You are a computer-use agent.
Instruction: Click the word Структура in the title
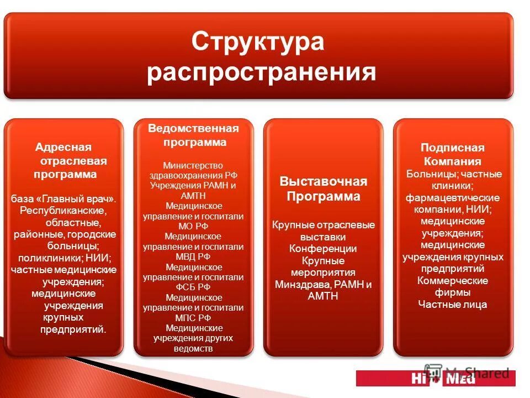coord(258,43)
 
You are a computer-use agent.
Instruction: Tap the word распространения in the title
coord(261,72)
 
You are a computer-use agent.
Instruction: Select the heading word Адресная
coord(63,147)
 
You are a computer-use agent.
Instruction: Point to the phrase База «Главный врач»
coord(63,198)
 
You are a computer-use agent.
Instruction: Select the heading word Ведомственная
coord(193,129)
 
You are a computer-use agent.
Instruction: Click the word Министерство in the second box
coord(193,165)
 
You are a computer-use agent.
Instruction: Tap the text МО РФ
coord(193,226)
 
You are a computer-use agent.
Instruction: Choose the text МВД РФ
coord(193,256)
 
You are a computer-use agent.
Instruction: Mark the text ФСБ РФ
coord(193,287)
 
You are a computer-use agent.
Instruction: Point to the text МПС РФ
coord(193,317)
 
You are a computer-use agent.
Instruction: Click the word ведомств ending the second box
coord(193,348)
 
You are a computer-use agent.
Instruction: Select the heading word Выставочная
coord(323,182)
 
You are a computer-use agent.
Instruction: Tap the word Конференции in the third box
coord(323,249)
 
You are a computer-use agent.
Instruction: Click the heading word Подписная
coord(453,148)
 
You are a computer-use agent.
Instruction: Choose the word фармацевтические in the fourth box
coord(453,197)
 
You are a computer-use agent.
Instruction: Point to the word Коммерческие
coord(453,281)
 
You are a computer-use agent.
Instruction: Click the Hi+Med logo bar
coord(436,378)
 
